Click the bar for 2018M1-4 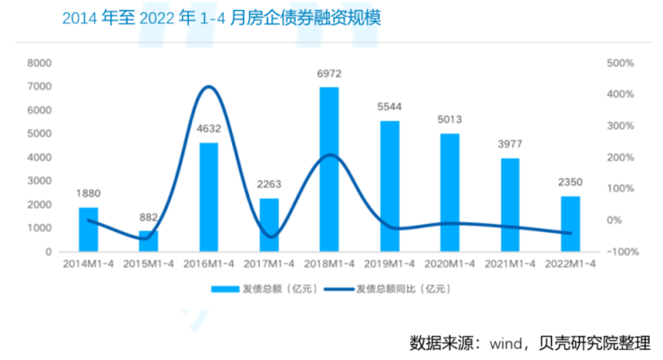click(329, 169)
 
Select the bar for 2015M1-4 click(148, 241)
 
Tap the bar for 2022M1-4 click(570, 224)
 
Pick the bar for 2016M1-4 click(208, 197)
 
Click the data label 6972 click(330, 74)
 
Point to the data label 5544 click(390, 107)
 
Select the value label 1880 click(88, 194)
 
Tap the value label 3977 click(510, 144)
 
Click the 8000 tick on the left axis click(39, 64)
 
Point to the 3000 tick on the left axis click(39, 181)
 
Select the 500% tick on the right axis click(620, 64)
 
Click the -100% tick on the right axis click(620, 252)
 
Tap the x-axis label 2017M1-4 click(269, 264)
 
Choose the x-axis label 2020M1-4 click(450, 264)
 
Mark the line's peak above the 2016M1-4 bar click(208, 87)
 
